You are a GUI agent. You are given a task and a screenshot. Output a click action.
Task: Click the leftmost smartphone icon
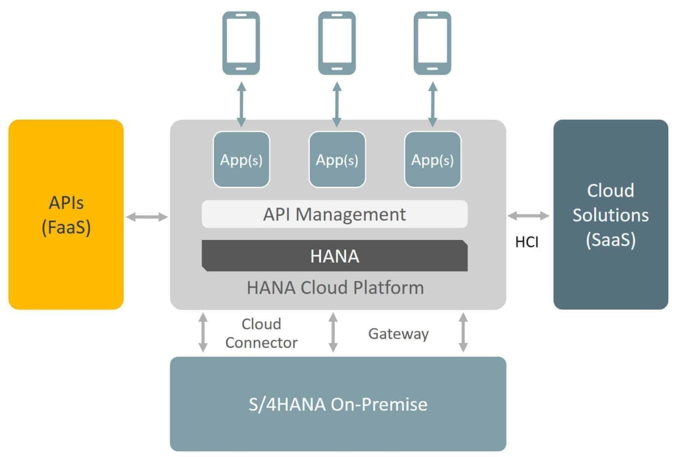coord(241,43)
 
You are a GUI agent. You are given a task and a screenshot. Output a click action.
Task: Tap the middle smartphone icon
coord(337,43)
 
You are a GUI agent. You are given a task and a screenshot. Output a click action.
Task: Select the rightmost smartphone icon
coord(432,43)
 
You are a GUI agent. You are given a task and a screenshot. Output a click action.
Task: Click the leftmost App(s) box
coord(241,160)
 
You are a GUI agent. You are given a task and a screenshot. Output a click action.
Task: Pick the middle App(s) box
coord(337,160)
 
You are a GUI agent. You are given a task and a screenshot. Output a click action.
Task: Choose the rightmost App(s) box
coord(432,160)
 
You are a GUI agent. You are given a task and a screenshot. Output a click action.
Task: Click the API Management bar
coord(334,214)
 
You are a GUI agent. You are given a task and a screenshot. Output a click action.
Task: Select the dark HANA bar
coord(334,256)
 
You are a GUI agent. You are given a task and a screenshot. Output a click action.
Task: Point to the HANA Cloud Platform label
coord(335,288)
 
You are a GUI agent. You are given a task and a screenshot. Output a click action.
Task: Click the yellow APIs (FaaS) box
coord(66,215)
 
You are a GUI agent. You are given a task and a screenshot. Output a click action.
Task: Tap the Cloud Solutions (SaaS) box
coord(611,215)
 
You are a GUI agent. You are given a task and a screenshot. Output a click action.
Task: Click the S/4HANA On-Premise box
coord(338,404)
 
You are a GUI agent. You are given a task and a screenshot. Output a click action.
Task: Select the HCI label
coord(526,242)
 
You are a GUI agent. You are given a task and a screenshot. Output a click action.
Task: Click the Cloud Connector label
coord(261,333)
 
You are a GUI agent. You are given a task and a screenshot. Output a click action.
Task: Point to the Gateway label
coord(398,334)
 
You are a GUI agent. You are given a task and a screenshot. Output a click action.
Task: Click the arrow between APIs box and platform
coord(147,217)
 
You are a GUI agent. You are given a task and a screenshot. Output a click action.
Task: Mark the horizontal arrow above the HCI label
coord(528,216)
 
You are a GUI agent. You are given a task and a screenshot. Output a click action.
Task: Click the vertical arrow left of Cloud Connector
coord(203,332)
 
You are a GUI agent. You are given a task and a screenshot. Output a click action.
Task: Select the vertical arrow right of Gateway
coord(463,332)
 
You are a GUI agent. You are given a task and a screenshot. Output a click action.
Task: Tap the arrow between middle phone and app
coord(337,104)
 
